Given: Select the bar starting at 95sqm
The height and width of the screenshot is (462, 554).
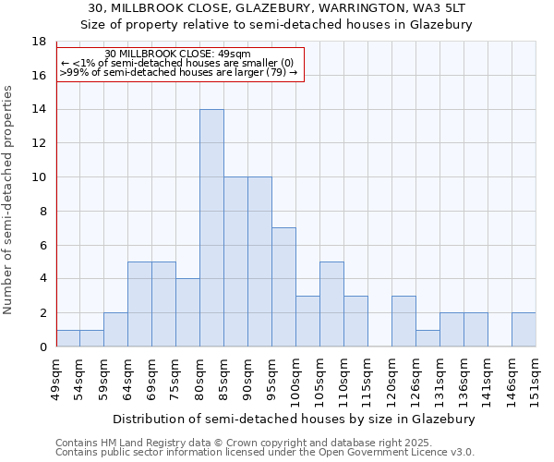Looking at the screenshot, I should [x=283, y=287].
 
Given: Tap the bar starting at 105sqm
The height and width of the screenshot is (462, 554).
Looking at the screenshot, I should [x=331, y=304].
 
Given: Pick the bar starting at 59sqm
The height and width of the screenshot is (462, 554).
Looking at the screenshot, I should [x=115, y=330].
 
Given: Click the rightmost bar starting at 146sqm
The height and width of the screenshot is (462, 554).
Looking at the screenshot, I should [x=524, y=330].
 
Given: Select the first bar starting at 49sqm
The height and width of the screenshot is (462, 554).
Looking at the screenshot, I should [x=67, y=338].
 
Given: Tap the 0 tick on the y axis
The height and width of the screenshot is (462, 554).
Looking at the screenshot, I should [x=42, y=346].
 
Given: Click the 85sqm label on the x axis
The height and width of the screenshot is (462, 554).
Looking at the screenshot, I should [x=224, y=377].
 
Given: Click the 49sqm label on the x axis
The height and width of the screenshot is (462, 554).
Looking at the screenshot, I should [x=56, y=377].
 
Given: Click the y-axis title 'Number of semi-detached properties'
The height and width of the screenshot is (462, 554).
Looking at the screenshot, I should [x=9, y=200].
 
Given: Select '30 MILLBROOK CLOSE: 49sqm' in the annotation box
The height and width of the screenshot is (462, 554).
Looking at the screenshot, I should [x=177, y=55].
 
